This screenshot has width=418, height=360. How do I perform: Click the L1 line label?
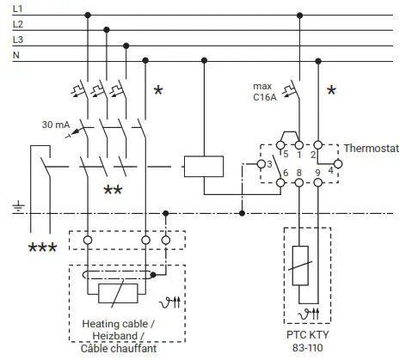click(17, 9)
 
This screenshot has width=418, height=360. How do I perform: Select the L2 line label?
click(17, 24)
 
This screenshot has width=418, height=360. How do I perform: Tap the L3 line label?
click(17, 40)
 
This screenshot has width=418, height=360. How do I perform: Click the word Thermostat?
click(372, 148)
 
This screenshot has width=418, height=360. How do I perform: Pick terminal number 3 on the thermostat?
click(270, 164)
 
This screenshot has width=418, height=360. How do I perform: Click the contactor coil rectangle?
click(203, 165)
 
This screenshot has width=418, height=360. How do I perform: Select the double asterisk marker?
click(112, 190)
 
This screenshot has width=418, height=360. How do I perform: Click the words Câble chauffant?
click(118, 350)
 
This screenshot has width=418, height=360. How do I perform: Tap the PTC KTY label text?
click(310, 335)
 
